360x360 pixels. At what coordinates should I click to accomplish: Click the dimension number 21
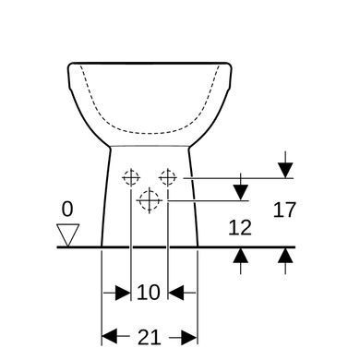[x=150, y=337]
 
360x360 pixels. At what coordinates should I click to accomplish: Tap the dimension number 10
[x=149, y=293]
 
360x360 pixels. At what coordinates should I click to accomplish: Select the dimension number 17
[x=284, y=210]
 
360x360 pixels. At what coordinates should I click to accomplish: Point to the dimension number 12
[x=240, y=228]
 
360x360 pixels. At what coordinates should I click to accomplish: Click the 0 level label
[x=67, y=210]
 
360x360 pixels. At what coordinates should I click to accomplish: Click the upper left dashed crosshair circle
[x=131, y=177]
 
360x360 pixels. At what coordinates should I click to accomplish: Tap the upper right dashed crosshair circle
[x=168, y=177]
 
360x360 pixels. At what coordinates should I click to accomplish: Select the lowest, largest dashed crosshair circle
[x=150, y=200]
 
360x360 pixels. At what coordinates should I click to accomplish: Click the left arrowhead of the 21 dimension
[x=109, y=337]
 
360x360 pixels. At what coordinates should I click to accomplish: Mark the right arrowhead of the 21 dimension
[x=189, y=337]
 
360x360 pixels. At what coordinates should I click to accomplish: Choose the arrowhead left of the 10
[x=123, y=293]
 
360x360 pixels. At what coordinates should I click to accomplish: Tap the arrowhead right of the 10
[x=176, y=293]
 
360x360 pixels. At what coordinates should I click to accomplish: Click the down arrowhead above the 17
[x=285, y=170]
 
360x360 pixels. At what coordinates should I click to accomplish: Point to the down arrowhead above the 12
[x=241, y=193]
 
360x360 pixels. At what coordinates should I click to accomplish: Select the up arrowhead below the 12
[x=241, y=256]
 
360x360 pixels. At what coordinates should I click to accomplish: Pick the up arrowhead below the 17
[x=285, y=256]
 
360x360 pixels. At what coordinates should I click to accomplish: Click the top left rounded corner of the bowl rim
[x=69, y=66]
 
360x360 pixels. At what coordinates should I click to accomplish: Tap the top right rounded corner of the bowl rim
[x=229, y=66]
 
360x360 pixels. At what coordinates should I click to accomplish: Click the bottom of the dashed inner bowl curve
[x=150, y=134]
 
